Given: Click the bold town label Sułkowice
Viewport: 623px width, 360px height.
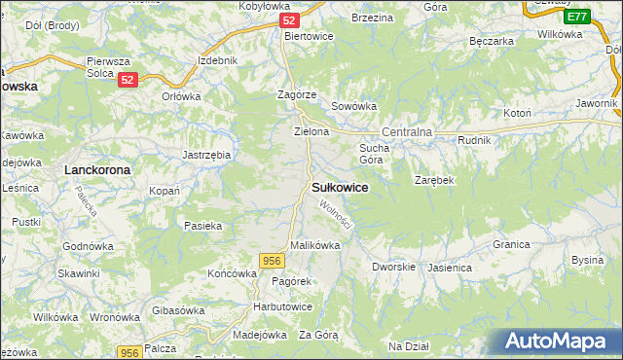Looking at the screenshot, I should pos(340,188).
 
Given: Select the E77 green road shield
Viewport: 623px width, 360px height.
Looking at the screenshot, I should pos(576,17).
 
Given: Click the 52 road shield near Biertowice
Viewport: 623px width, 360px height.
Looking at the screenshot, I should pos(287,19).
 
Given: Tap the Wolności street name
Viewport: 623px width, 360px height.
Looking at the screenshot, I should pos(336,215).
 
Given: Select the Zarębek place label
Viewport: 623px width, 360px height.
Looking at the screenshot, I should pos(434,181).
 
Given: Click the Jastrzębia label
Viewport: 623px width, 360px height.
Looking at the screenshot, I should pos(206,155).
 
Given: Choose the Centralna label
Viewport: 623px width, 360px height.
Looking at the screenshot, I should pos(406,131).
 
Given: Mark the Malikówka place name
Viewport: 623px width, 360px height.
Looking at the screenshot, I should pos(314,246).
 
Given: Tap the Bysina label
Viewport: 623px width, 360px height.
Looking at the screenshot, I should pos(587,260).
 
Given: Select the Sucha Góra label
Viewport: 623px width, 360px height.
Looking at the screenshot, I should pos(374,154).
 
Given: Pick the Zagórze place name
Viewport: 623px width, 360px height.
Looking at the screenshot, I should pos(296,94).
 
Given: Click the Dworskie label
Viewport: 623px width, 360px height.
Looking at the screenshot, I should pos(393,267).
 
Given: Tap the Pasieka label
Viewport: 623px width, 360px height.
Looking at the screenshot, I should pos(203,226).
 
